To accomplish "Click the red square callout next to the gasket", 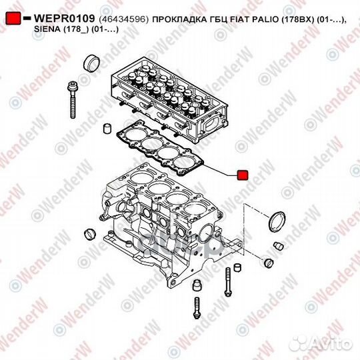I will pyautogui.click(x=243, y=174).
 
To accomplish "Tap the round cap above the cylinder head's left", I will pyautogui.click(x=92, y=64).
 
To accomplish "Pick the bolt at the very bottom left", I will pyautogui.click(x=197, y=309).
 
